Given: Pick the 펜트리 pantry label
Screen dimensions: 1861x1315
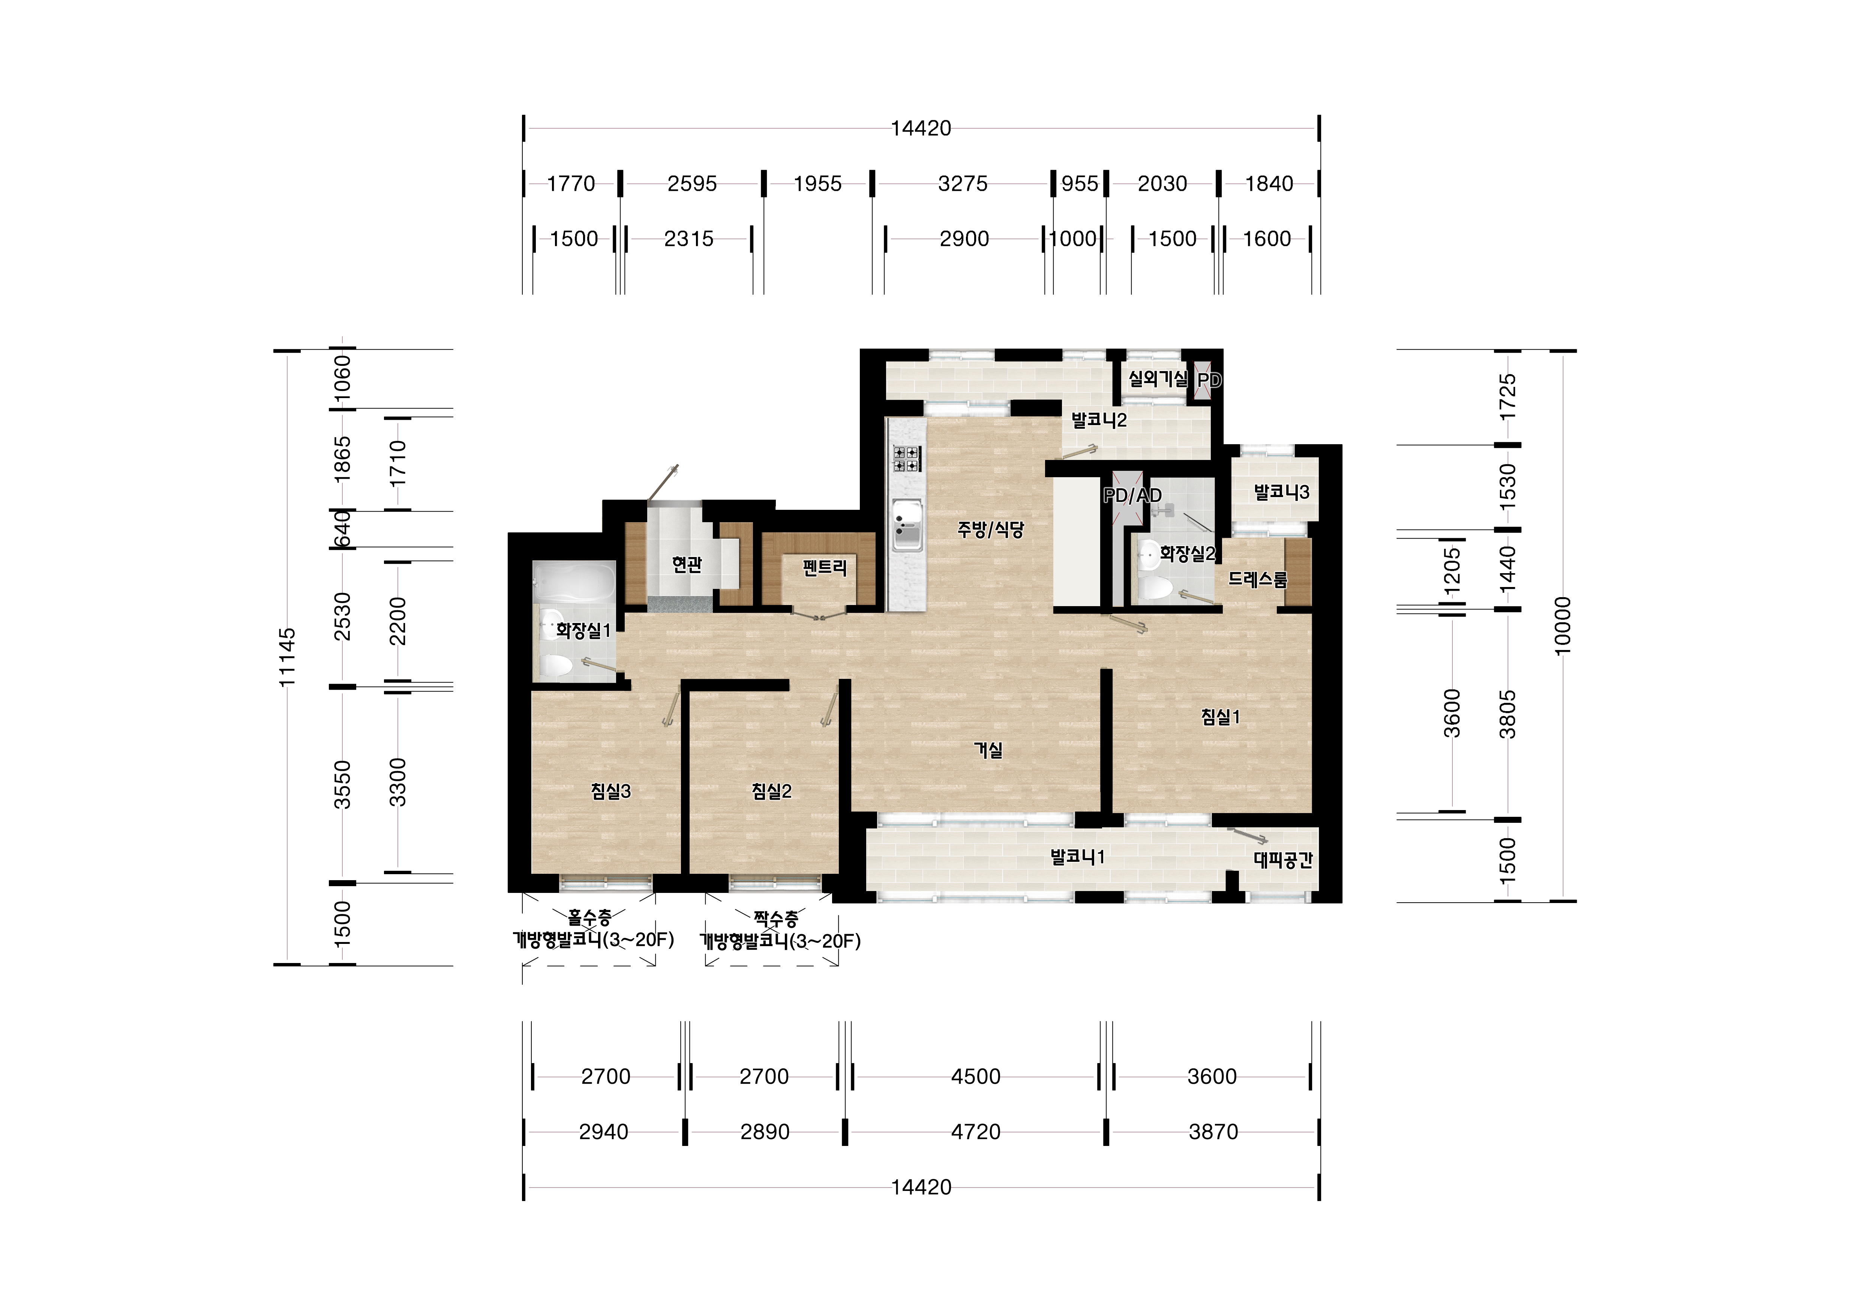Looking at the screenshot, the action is point(824,567).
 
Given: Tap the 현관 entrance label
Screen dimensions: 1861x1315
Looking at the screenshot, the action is point(687,564).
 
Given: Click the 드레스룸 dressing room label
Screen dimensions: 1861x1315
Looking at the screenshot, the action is point(1257,579).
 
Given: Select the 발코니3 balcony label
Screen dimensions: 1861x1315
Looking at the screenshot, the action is point(1281,492).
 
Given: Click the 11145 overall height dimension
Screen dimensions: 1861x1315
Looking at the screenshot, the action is point(287,657).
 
